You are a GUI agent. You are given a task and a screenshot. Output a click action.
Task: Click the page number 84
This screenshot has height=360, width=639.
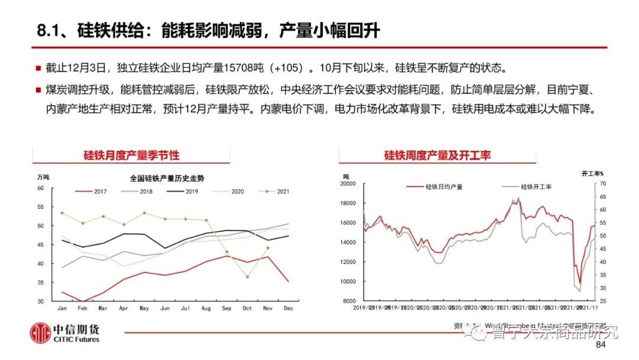[601, 345]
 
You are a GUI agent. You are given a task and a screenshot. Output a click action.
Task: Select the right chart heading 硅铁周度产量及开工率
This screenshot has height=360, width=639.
[437, 156]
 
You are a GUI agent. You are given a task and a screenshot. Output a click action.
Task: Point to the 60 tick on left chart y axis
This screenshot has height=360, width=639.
[41, 188]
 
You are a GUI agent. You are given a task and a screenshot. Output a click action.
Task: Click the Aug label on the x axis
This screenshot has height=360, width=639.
[206, 308]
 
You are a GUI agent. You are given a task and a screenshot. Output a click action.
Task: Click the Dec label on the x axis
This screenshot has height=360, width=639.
[288, 308]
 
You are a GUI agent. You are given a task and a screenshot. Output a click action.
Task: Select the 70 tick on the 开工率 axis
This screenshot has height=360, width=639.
[602, 184]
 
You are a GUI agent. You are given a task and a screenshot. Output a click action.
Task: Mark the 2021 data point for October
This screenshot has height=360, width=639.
[247, 277]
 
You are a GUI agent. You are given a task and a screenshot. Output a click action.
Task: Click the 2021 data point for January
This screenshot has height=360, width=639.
[62, 213]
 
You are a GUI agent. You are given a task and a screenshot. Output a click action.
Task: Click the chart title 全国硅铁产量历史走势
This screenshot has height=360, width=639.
[166, 178]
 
